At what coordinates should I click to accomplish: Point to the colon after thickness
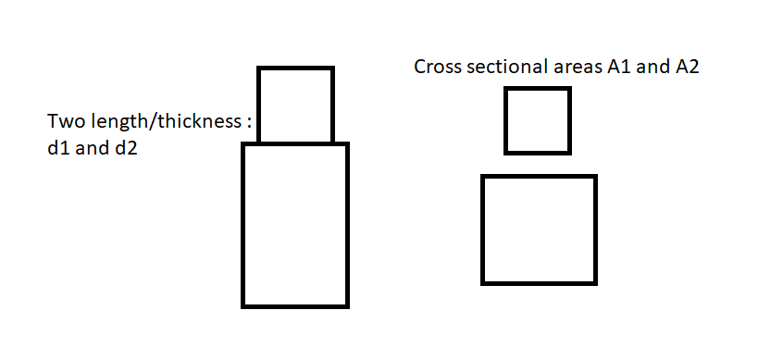click(248, 123)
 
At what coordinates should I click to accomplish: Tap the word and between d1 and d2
click(92, 148)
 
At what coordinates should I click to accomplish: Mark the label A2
click(687, 67)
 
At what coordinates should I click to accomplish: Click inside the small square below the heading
click(538, 121)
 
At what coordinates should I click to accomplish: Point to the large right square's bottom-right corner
click(596, 283)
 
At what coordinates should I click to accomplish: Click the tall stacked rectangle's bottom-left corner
click(243, 306)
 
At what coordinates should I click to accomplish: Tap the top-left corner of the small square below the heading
click(506, 89)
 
